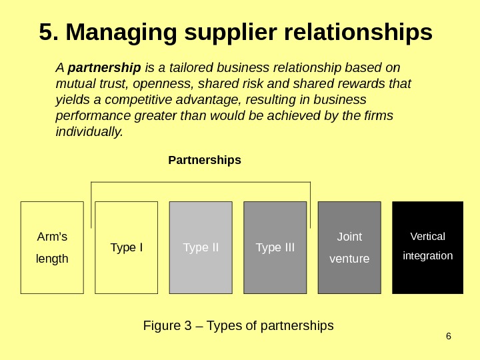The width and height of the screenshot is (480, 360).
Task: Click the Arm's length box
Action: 52,247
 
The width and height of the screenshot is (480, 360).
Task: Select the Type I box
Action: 127,247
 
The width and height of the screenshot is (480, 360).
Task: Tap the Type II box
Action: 201,247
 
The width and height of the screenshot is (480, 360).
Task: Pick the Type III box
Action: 275,247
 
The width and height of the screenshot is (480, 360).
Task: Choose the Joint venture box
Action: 349,247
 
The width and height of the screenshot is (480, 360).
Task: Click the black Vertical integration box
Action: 427,247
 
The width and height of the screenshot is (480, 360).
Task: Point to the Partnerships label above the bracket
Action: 205,161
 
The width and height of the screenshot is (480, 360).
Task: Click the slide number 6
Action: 448,335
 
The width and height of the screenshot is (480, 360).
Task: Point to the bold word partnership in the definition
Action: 105,68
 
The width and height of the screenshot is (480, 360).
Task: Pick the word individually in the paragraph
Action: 89,131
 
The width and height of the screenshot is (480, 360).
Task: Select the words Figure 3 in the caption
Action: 162,326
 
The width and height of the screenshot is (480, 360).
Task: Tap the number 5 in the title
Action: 45,32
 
